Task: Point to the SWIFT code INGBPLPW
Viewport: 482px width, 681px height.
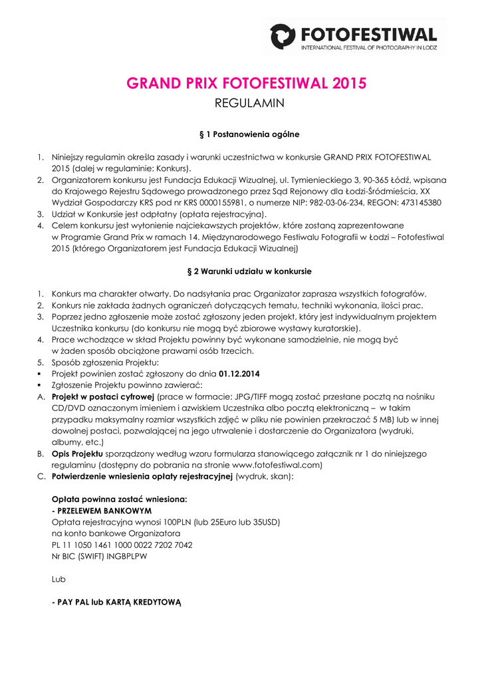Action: pos(126,556)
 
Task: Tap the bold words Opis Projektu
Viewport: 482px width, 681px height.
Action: pos(77,454)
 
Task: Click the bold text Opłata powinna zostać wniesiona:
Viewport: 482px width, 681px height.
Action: pos(119,499)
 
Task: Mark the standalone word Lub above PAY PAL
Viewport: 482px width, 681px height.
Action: pos(59,579)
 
